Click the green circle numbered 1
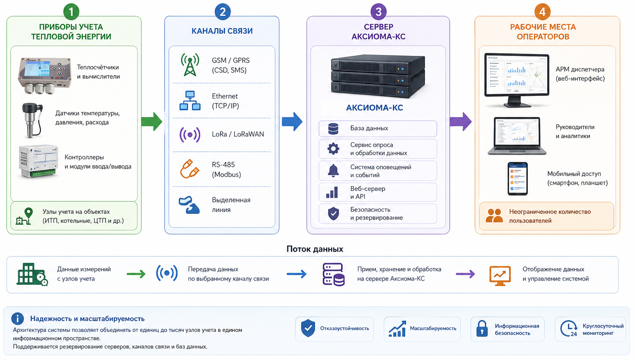(x=71, y=12)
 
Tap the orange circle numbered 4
(x=542, y=12)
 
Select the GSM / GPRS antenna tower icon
(x=190, y=65)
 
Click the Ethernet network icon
(x=190, y=101)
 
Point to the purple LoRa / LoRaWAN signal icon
(x=190, y=134)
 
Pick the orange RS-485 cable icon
(x=190, y=169)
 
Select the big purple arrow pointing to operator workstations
(x=461, y=121)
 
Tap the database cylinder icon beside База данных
(x=333, y=128)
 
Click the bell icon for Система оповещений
(x=333, y=170)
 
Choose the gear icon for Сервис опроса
(x=333, y=148)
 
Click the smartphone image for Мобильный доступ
(x=517, y=179)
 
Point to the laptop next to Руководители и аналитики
(x=517, y=136)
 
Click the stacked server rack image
(x=378, y=76)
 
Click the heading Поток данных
(x=315, y=249)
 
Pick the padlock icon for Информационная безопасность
(x=482, y=329)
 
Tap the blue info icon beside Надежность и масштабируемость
(x=17, y=319)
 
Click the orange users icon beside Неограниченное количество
(x=494, y=216)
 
